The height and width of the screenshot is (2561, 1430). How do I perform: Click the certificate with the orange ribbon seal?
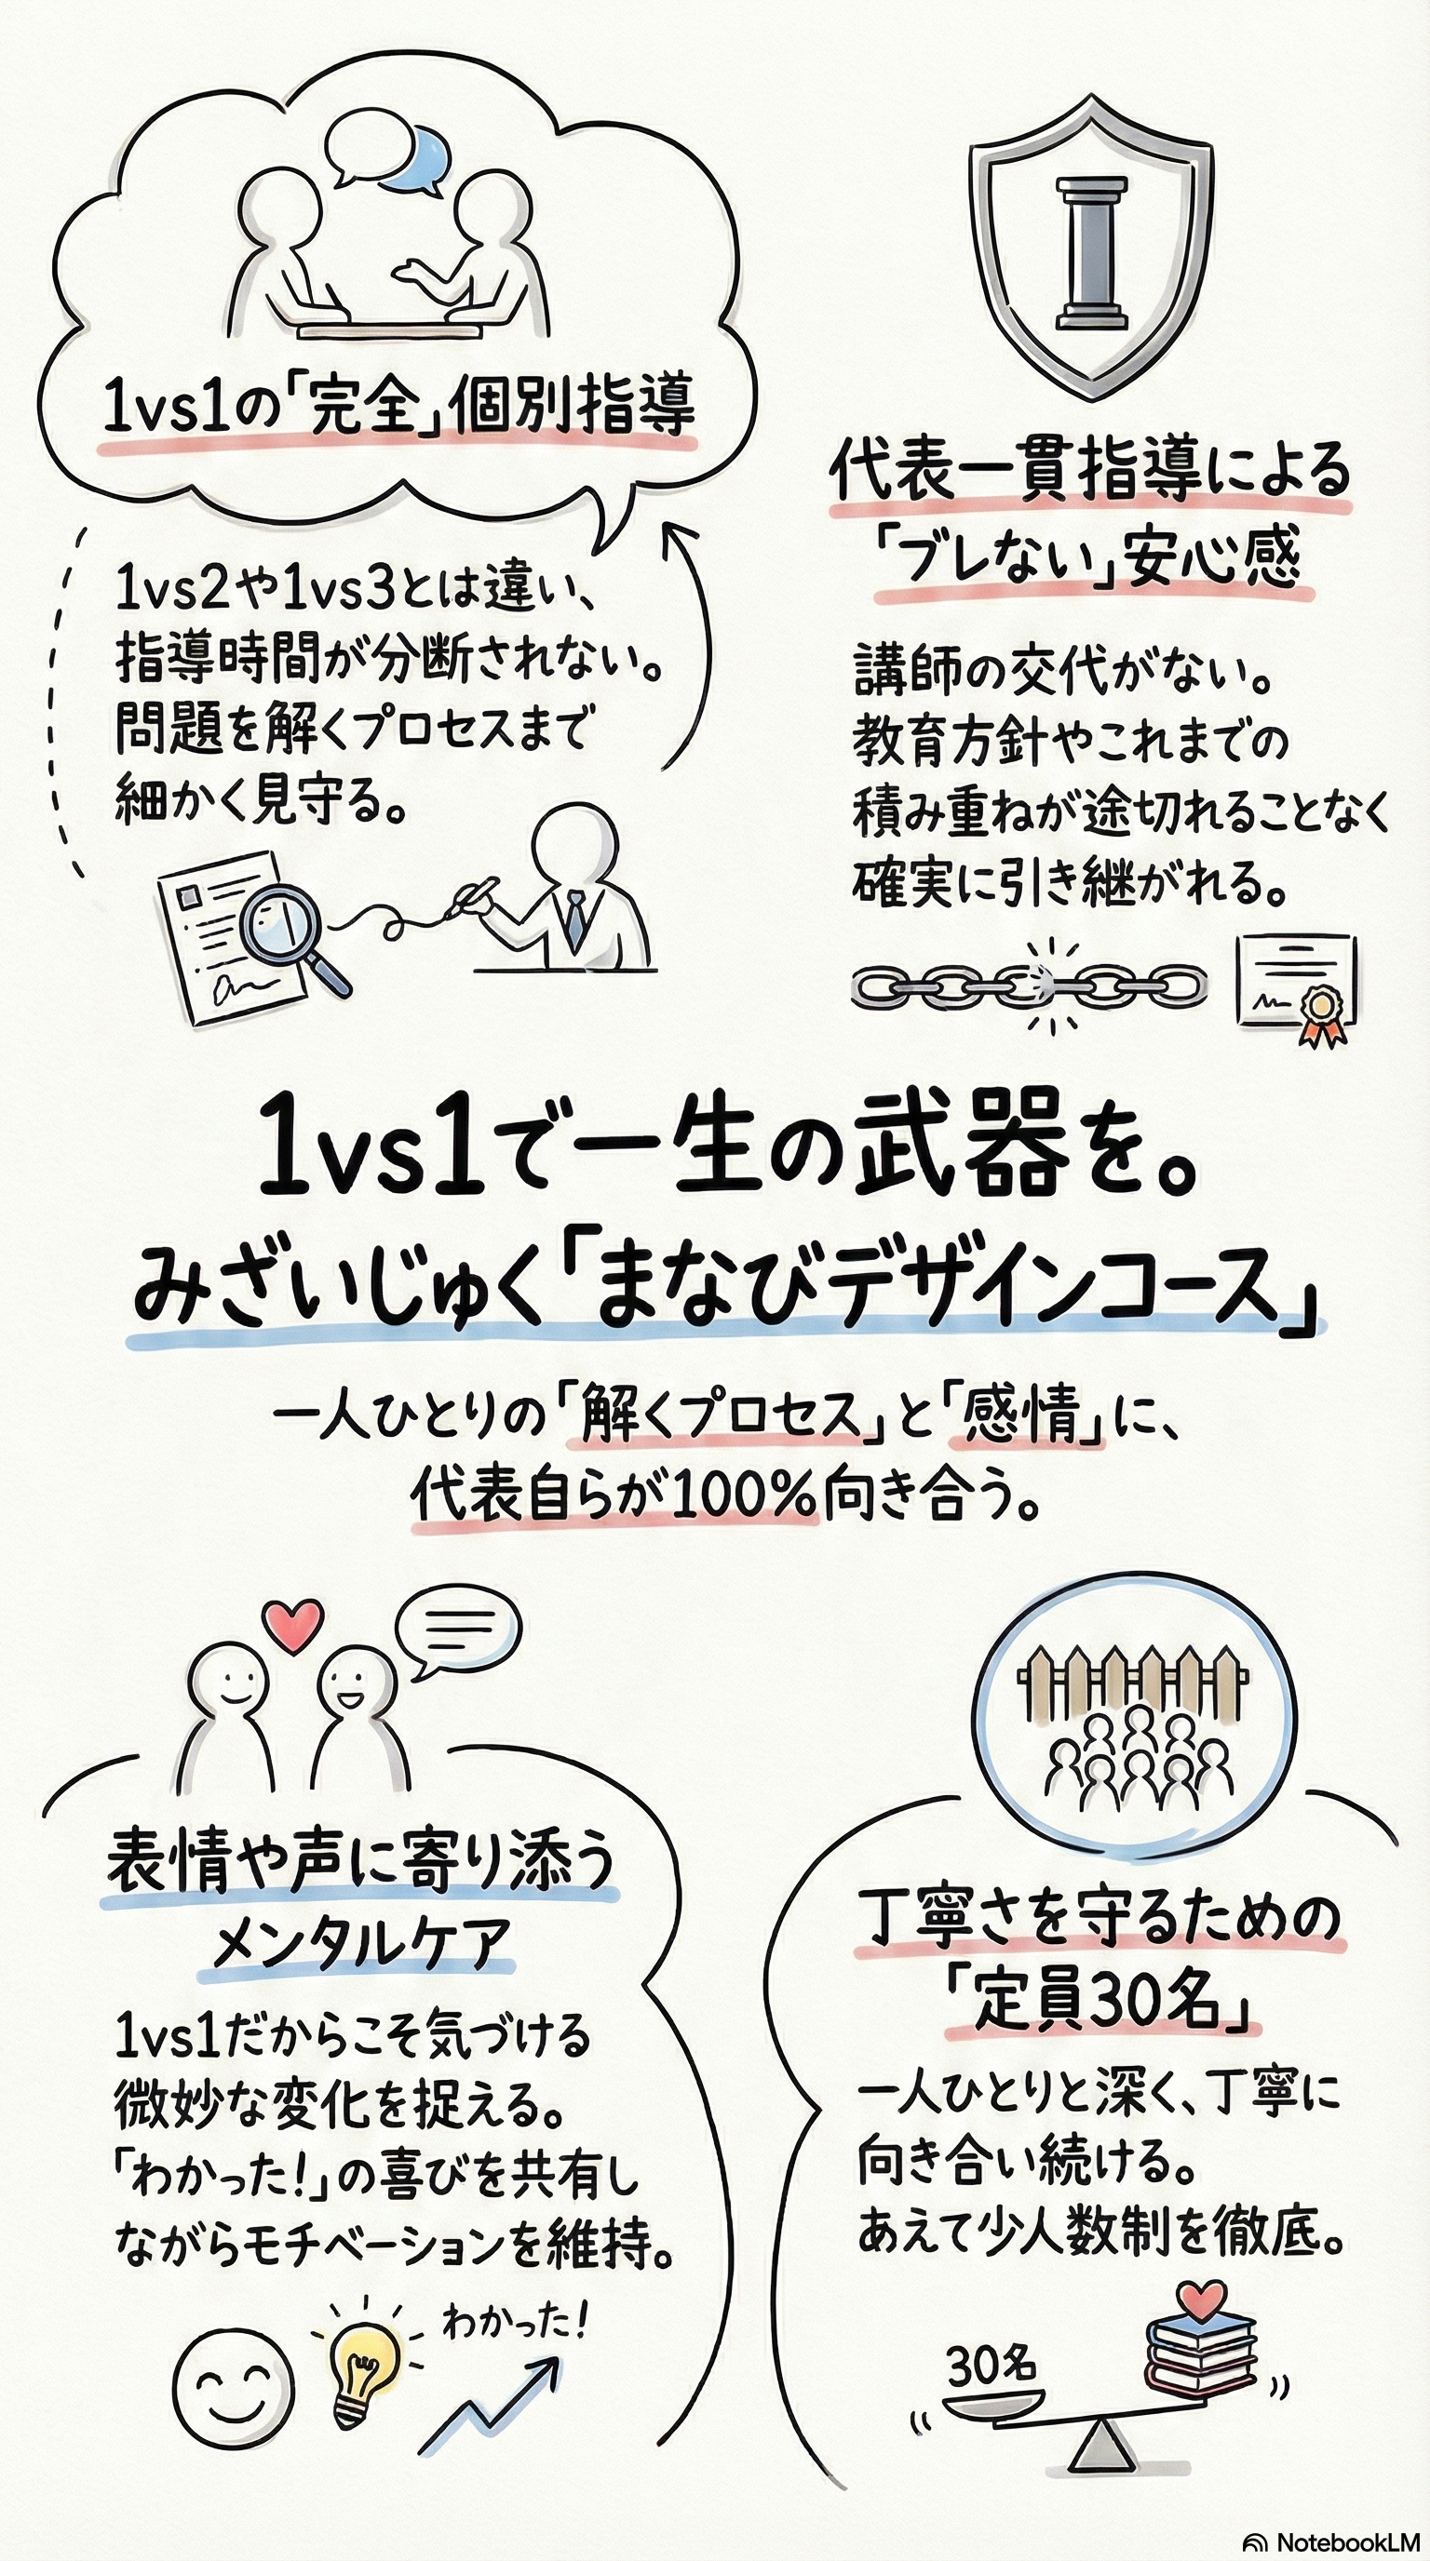pyautogui.click(x=1296, y=988)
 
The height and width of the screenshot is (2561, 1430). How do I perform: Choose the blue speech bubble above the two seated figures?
pyautogui.click(x=419, y=156)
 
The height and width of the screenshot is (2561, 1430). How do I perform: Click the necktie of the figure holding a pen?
pyautogui.click(x=574, y=919)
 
